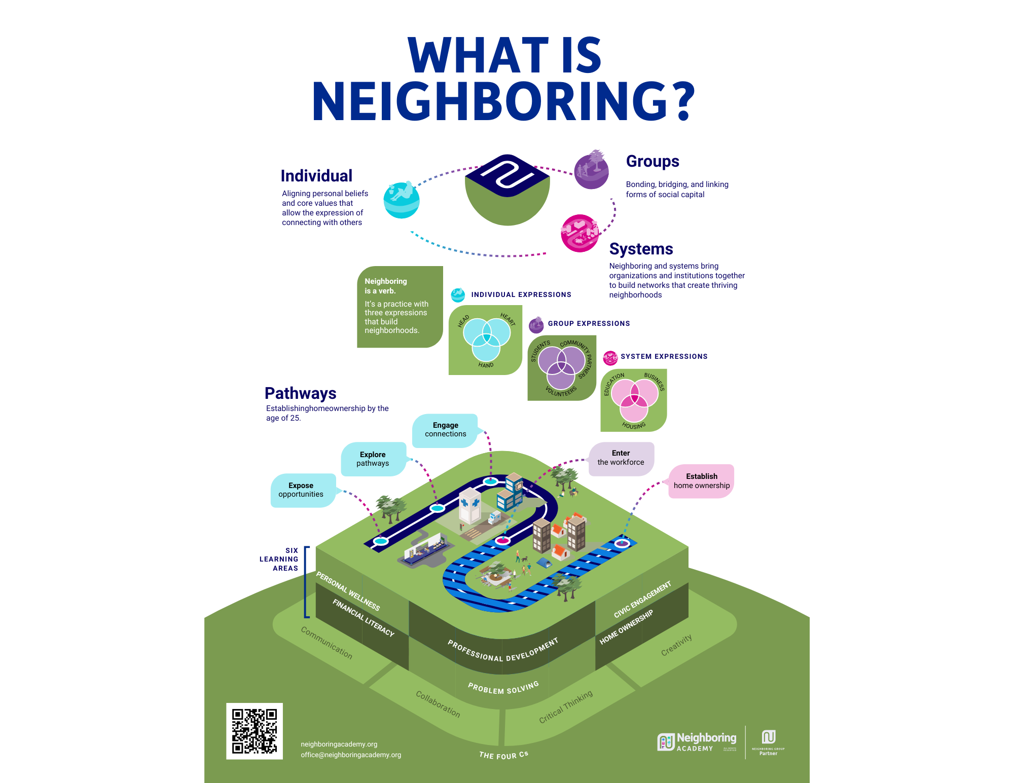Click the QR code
tap(254, 731)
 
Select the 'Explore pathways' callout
tap(373, 459)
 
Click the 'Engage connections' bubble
tap(445, 430)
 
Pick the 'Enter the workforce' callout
tap(621, 458)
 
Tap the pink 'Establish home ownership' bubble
tap(701, 481)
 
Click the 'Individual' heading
tap(316, 176)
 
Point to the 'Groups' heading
tap(653, 161)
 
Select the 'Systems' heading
tap(641, 249)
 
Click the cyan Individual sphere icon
tap(402, 200)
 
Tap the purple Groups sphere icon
tap(591, 170)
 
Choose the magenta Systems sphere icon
tap(580, 233)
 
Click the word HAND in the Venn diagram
tap(486, 365)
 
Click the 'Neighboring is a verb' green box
tap(399, 306)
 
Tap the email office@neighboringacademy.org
tap(351, 755)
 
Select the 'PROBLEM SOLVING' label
tap(503, 688)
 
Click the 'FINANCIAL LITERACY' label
tap(363, 617)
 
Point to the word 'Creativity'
tap(676, 645)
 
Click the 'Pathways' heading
tap(300, 393)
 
